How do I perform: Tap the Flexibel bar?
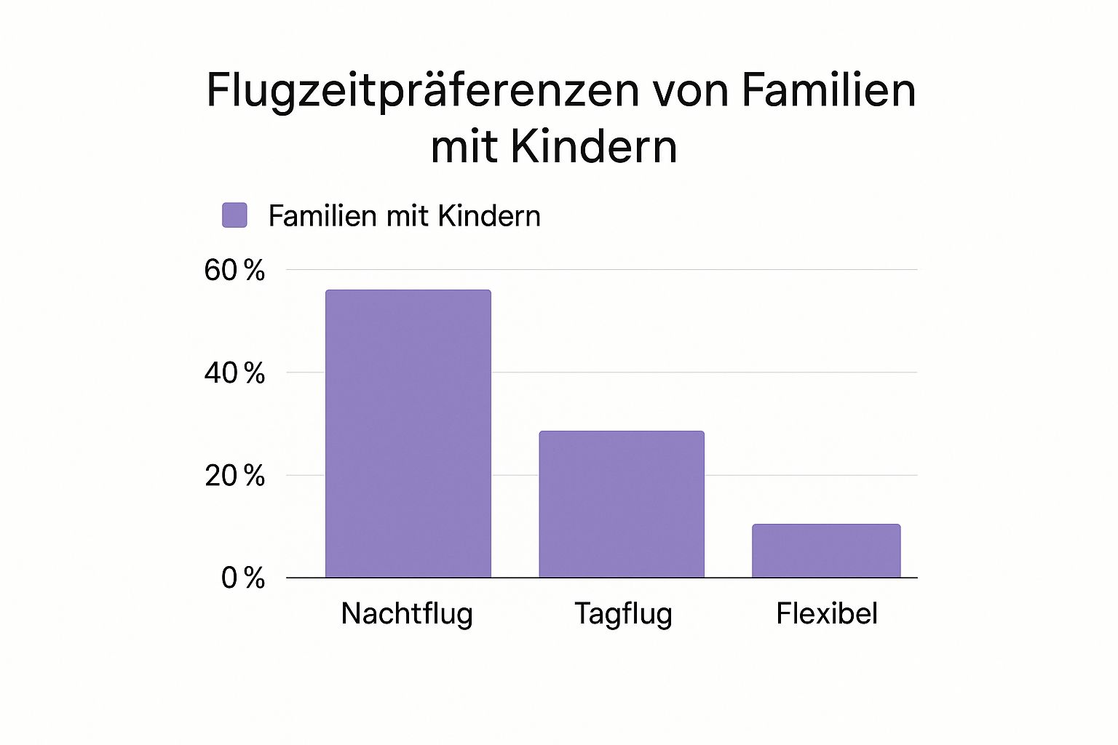pyautogui.click(x=826, y=551)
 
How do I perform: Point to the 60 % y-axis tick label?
pyautogui.click(x=234, y=271)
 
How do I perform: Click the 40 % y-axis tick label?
pyautogui.click(x=234, y=373)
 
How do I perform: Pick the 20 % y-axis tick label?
pyautogui.click(x=234, y=476)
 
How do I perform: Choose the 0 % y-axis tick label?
pyautogui.click(x=243, y=578)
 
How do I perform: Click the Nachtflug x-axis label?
pyautogui.click(x=407, y=614)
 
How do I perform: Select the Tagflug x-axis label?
pyautogui.click(x=623, y=614)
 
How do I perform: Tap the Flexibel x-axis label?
pyautogui.click(x=826, y=614)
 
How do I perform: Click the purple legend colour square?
pyautogui.click(x=234, y=215)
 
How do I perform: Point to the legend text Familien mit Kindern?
pyautogui.click(x=404, y=216)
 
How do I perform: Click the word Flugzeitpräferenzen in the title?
pyautogui.click(x=422, y=92)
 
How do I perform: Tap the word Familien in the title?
pyautogui.click(x=828, y=90)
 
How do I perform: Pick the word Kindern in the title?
pyautogui.click(x=594, y=147)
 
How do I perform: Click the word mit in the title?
pyautogui.click(x=464, y=147)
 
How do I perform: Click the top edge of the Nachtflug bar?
pyautogui.click(x=408, y=290)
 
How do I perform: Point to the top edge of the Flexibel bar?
pyautogui.click(x=826, y=525)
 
